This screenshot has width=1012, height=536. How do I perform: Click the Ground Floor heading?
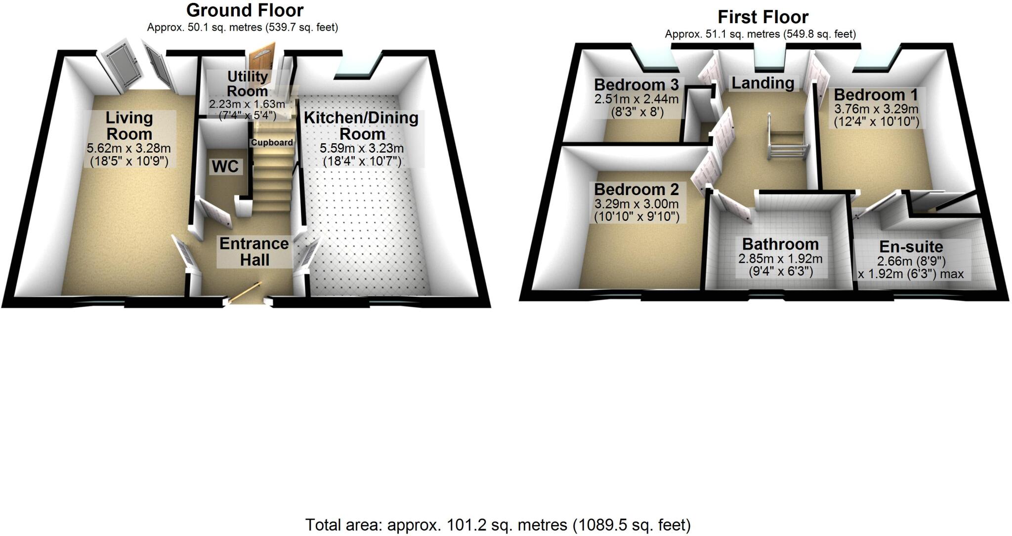(245, 10)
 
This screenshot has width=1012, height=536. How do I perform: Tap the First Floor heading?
(762, 17)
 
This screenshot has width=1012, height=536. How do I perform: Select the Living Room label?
(129, 125)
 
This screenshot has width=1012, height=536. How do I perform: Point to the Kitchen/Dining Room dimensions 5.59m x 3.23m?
(362, 148)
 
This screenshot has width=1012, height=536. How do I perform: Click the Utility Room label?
(247, 83)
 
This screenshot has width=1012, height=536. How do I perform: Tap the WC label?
(225, 166)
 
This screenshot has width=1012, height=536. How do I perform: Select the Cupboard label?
(272, 143)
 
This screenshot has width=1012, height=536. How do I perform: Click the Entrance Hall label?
(254, 251)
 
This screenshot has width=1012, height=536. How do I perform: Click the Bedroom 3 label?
(636, 84)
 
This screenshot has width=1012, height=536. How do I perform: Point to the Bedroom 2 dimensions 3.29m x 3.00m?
(636, 204)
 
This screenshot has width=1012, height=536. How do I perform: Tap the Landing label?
(762, 83)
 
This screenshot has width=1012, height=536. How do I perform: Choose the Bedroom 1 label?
(876, 94)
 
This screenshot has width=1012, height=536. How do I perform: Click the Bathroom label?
(780, 244)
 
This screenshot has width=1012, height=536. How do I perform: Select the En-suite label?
(911, 247)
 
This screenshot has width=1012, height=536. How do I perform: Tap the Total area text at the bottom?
(498, 525)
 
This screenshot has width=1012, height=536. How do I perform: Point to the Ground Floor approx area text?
(242, 28)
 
